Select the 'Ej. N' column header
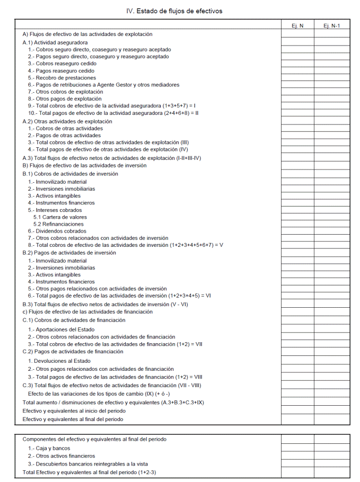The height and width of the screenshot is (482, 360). coord(297,25)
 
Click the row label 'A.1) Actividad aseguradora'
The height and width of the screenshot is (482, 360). coord(55,42)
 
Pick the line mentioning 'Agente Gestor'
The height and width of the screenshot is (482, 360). coord(103,85)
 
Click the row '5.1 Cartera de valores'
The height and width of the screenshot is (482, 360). coord(60,217)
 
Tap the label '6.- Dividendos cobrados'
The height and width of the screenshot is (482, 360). coord(57,231)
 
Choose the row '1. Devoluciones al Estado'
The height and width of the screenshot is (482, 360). coord(59,361)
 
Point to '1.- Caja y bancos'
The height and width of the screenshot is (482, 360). coord(50,448)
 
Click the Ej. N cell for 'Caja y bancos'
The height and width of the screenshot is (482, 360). coord(297,448)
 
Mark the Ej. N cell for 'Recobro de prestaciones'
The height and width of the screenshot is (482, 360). coord(297,77)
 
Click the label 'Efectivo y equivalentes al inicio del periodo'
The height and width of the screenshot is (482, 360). coord(74,411)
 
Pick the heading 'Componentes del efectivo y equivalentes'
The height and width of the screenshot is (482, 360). coord(94,439)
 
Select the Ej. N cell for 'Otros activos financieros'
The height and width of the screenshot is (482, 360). coord(297,456)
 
